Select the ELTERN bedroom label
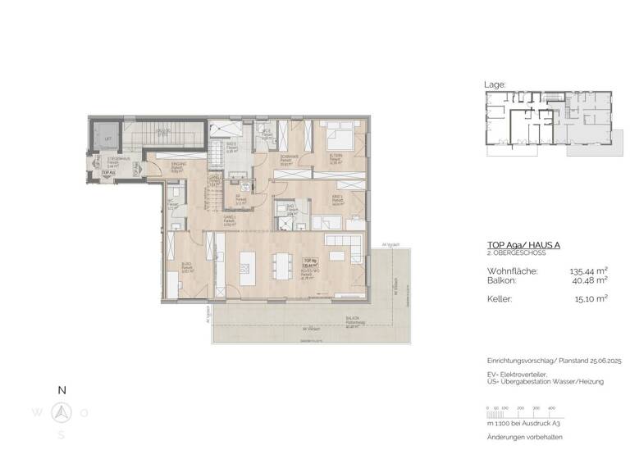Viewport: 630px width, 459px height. point(336,156)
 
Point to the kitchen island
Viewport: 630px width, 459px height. point(247,268)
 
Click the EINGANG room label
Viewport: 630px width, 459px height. point(178,166)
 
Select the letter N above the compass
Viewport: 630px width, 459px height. point(62,391)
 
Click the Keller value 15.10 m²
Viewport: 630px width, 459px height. point(591,299)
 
